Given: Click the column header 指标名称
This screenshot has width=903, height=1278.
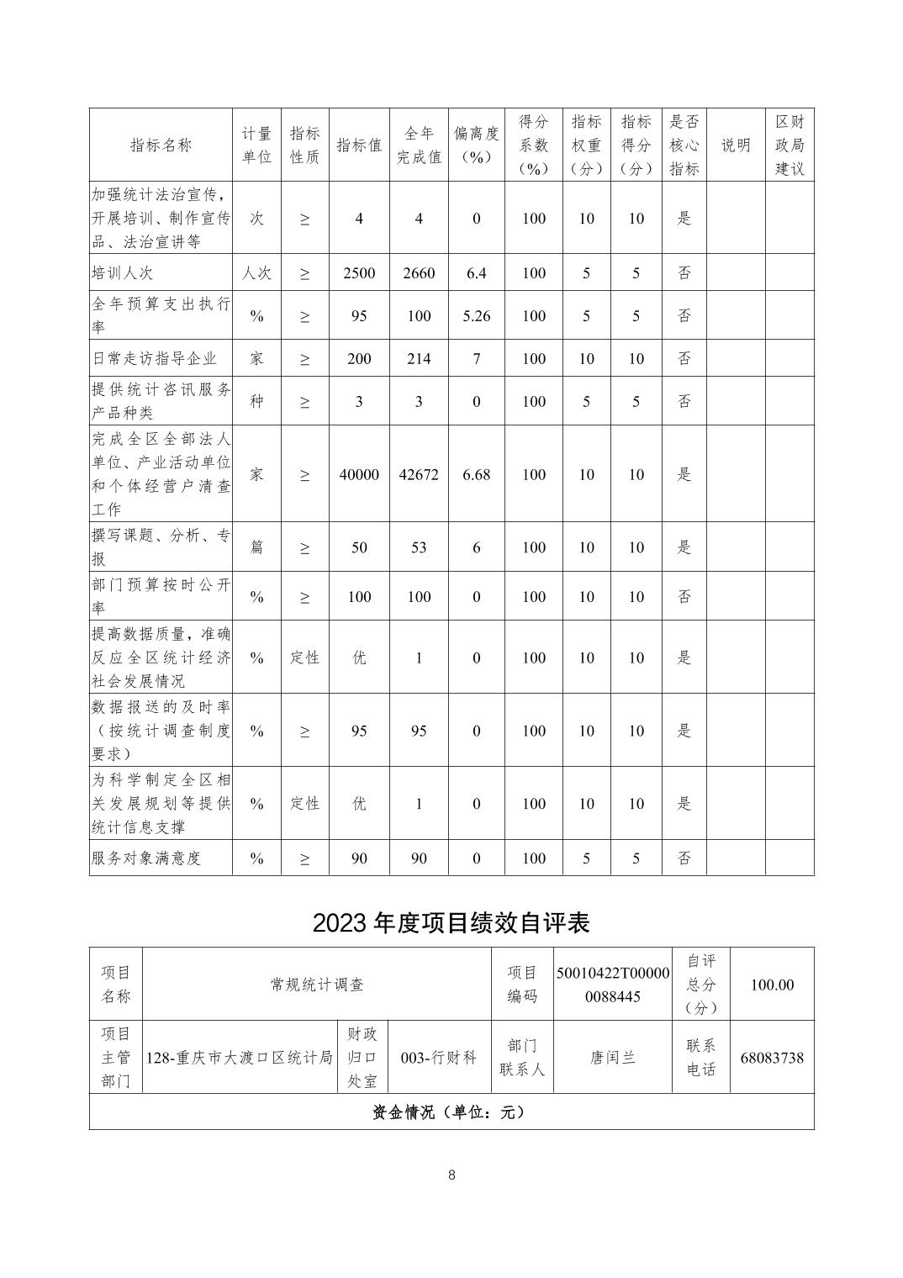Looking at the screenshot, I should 161,145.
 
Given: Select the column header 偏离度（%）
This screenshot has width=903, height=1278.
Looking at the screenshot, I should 476,145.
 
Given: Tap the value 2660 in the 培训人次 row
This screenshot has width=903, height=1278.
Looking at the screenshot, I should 419,273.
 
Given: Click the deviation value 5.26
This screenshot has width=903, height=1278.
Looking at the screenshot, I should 476,316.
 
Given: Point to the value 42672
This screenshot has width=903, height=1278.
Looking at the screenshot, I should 419,474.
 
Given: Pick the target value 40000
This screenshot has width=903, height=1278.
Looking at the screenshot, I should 359,474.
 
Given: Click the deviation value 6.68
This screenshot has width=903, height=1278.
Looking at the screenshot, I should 476,474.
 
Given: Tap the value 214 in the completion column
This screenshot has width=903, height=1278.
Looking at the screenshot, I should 419,358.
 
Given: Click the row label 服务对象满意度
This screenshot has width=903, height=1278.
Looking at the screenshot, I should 146,858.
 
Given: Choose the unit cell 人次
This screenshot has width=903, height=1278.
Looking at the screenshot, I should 256,273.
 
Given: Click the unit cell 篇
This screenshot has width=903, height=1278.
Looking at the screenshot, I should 256,547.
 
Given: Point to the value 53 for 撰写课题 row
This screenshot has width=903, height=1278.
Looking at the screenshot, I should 419,547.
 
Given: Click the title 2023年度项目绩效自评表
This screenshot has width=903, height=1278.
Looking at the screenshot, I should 451,922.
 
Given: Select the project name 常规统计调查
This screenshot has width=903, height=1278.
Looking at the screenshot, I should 317,985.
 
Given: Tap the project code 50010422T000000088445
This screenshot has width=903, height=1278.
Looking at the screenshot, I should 612,985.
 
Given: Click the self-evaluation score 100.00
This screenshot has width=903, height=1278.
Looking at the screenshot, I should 771,985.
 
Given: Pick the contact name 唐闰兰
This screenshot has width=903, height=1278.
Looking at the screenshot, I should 612,1058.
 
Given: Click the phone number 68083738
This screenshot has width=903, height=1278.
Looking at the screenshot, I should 771,1058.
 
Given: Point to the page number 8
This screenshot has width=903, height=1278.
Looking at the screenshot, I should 451,1175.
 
